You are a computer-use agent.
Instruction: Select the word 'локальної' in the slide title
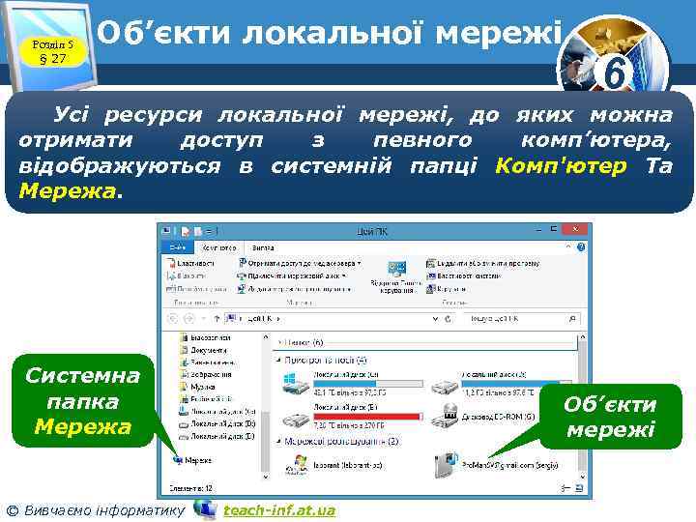333,34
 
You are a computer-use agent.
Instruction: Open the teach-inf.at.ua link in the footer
279,509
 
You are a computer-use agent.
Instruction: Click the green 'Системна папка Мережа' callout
83,400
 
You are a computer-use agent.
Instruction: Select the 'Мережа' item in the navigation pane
197,460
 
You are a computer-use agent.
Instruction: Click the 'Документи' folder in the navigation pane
208,348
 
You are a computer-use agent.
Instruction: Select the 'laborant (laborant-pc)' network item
338,464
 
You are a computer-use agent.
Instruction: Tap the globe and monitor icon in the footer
205,507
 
